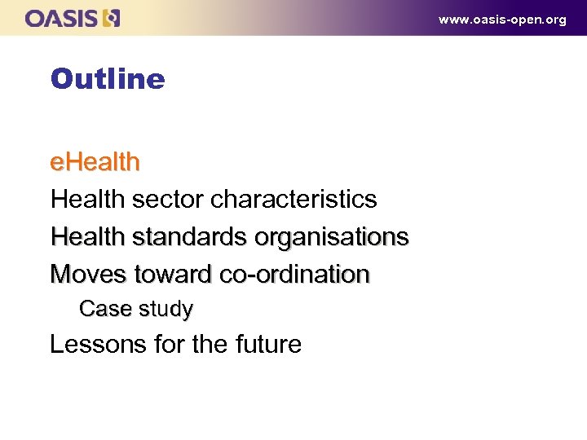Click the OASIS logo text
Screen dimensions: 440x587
pos(61,18)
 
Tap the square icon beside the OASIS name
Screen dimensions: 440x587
pos(111,18)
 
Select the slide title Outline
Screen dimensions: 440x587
pos(107,79)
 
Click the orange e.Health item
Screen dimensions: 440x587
pos(95,162)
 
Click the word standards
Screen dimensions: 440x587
pos(189,237)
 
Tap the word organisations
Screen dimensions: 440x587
pos(331,237)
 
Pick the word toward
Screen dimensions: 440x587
pos(174,275)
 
